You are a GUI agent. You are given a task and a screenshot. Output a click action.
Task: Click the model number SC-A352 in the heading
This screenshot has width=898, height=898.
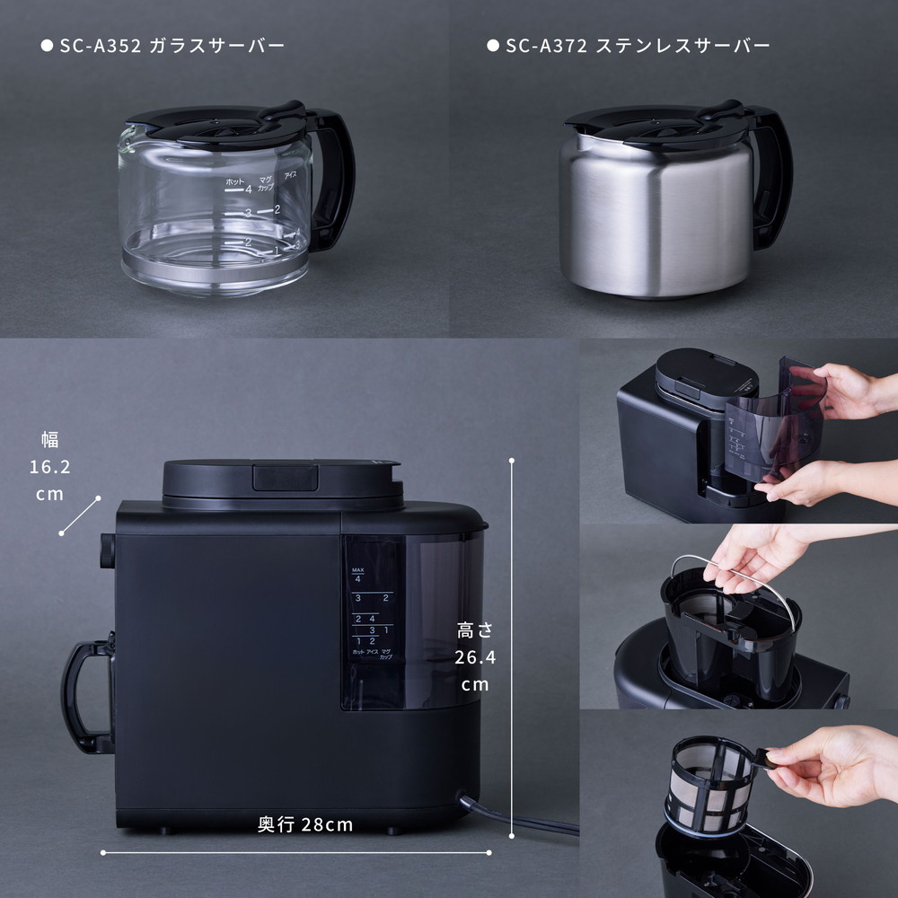[x=101, y=45]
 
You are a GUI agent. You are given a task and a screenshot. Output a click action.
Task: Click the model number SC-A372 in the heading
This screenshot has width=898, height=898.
[x=546, y=45]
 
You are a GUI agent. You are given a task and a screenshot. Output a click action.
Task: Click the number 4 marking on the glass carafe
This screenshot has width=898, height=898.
[x=248, y=189]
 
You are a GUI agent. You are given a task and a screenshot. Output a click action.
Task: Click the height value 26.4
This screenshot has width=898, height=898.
[x=475, y=657]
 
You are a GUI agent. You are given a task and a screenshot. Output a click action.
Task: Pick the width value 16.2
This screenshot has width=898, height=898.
[x=49, y=468]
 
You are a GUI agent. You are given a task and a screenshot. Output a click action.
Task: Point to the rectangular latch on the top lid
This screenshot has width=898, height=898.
[x=285, y=477]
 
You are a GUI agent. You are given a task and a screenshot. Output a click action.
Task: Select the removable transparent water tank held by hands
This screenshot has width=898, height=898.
[x=772, y=422]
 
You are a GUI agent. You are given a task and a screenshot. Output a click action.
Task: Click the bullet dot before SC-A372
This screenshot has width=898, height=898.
[x=492, y=45]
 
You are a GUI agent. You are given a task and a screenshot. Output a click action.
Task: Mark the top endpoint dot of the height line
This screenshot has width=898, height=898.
[x=511, y=461]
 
